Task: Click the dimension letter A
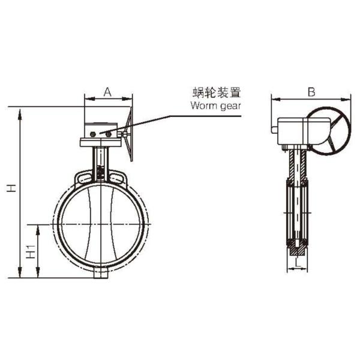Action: point(107,92)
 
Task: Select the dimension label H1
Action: point(31,252)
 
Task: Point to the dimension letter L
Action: point(298,263)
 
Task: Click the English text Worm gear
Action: point(215,106)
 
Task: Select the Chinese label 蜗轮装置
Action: point(217,92)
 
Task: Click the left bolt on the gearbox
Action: point(93,134)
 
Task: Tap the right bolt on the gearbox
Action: point(109,134)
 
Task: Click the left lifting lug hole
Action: point(85,178)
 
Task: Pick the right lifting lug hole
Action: point(116,178)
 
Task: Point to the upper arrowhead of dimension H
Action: point(20,114)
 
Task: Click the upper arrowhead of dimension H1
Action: point(38,230)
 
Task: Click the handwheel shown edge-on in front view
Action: point(130,134)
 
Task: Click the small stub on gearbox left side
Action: point(275,130)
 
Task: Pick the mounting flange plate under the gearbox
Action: point(101,142)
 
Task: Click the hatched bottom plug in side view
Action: point(298,250)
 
